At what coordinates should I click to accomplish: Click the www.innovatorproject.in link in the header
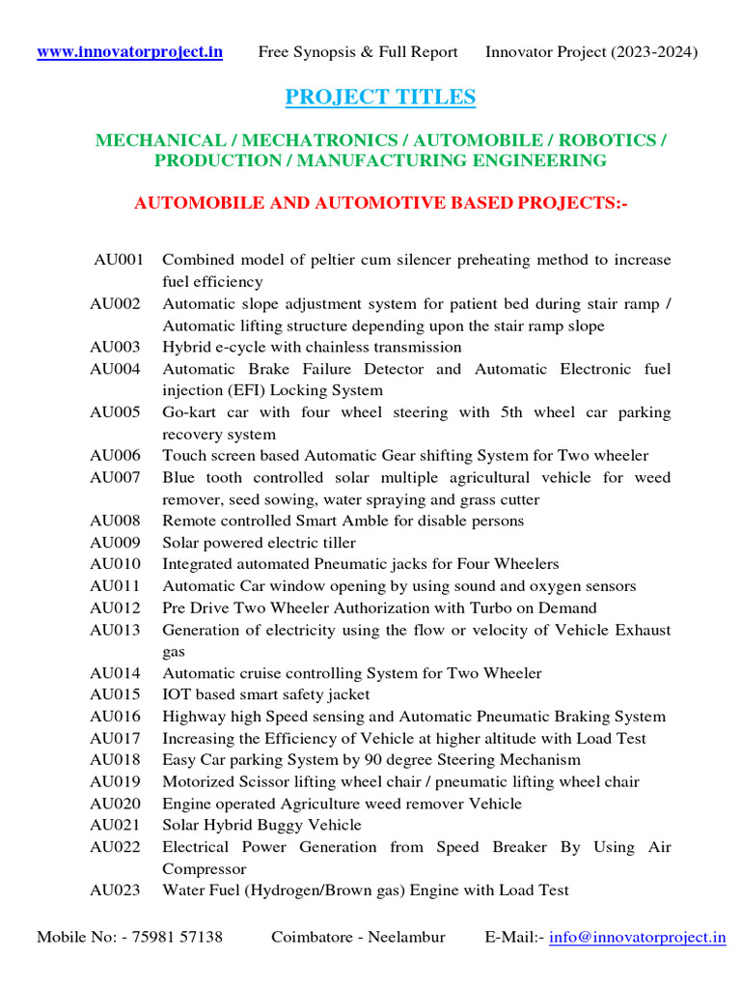coord(129,52)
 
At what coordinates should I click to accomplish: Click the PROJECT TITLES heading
coord(380,97)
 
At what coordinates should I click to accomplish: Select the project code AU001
coord(119,260)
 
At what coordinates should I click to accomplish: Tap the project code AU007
coord(115,477)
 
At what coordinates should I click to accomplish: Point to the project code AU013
coord(115,630)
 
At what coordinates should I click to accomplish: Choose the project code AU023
coord(115,890)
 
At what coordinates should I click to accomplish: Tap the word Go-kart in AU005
coord(189,412)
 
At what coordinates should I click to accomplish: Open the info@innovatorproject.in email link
coord(637,937)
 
